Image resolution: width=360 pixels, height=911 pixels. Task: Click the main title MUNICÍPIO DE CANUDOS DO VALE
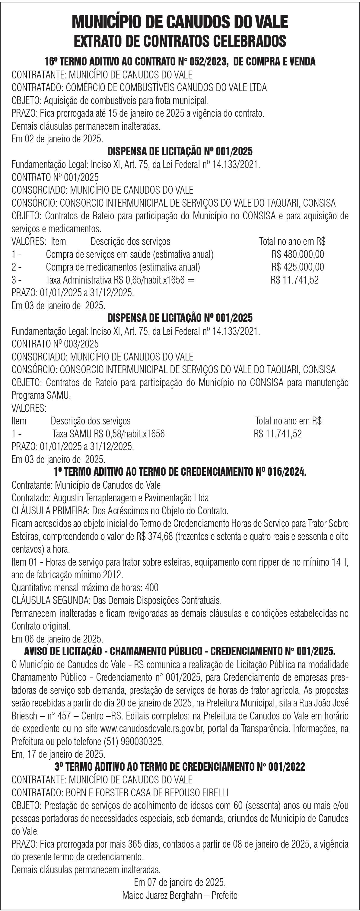180,22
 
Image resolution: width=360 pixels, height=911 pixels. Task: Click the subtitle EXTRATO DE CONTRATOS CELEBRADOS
180,41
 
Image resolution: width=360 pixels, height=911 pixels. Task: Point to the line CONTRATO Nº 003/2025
55,344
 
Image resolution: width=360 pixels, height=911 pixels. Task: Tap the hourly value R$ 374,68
155,536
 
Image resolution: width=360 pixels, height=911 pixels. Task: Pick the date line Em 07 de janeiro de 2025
180,882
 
